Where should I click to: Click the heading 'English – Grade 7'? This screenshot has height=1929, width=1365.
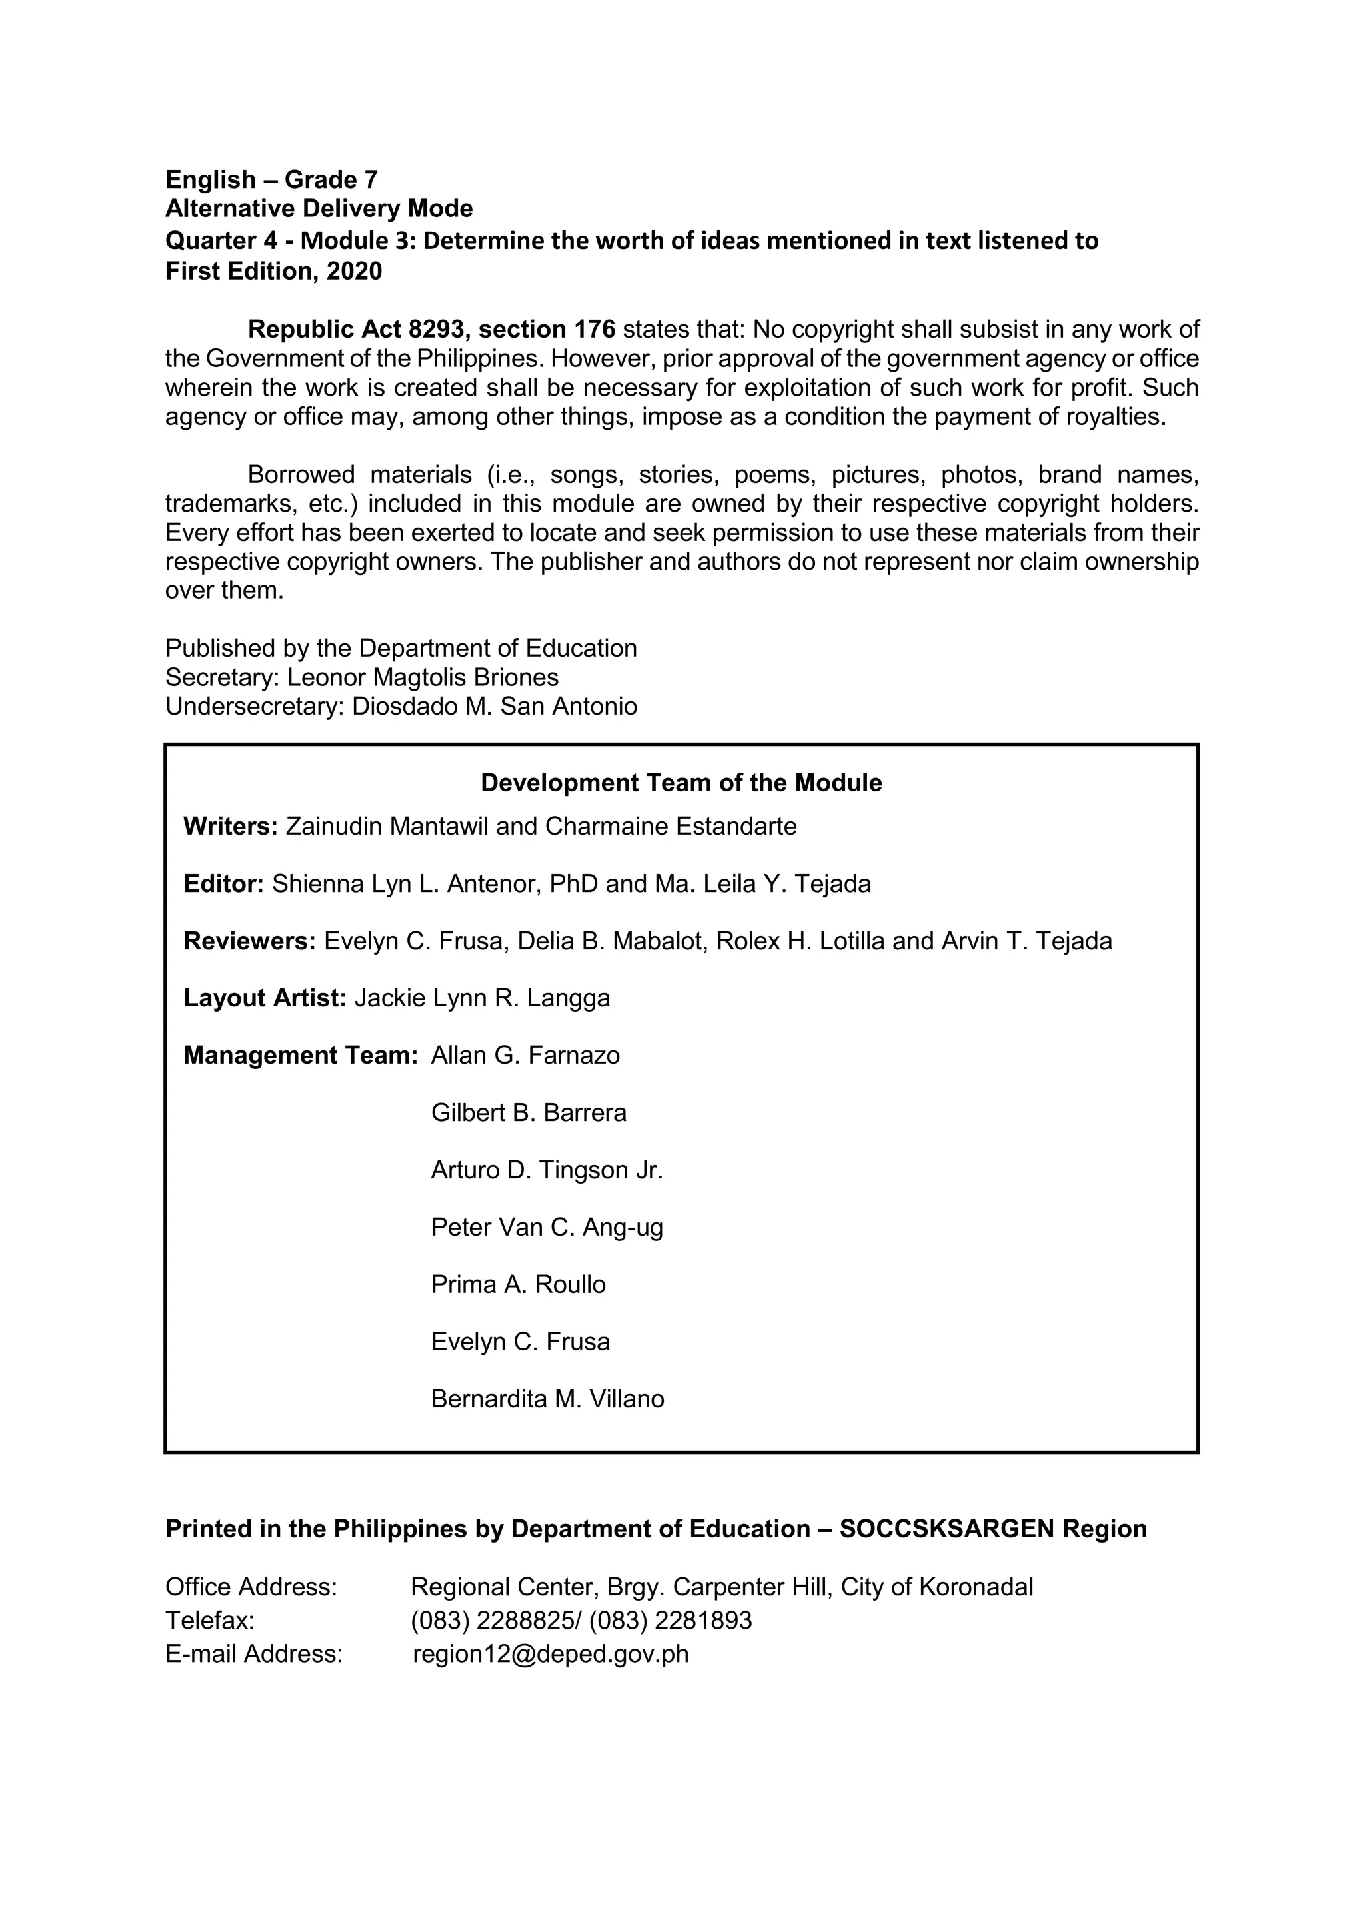coord(271,179)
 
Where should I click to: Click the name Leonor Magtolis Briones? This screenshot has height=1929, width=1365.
coord(423,677)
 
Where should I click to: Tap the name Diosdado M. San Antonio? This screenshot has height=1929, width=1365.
coord(495,706)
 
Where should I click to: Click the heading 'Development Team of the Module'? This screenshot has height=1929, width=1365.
coord(681,783)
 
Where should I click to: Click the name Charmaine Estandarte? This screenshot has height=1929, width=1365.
coord(670,827)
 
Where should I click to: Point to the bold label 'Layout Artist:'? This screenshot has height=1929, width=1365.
coord(265,998)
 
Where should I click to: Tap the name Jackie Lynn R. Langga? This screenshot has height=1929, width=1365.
coord(482,998)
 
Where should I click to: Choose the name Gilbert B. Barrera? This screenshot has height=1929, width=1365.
coord(528,1113)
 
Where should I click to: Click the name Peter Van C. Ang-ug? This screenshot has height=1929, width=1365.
coord(547,1228)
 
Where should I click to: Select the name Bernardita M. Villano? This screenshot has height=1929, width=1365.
coord(547,1399)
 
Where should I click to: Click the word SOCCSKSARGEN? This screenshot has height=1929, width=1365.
coord(946,1529)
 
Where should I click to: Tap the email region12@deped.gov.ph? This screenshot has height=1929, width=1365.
coord(551,1655)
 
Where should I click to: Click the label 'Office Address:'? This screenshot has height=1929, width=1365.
coord(251,1587)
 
